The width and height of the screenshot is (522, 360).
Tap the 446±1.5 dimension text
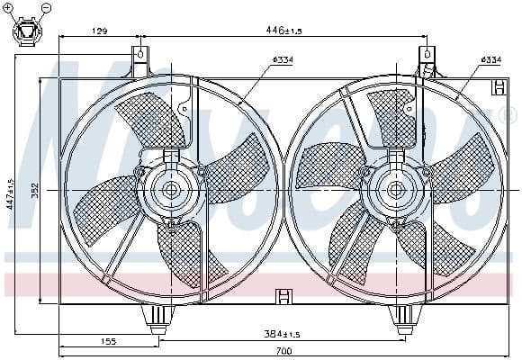[284, 31]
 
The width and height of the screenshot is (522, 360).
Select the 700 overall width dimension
[284, 350]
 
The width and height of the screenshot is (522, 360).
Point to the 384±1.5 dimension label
[280, 334]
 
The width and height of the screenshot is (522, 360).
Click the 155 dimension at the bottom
[109, 342]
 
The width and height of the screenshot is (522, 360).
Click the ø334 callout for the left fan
[283, 61]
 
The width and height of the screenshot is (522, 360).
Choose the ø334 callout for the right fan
[490, 60]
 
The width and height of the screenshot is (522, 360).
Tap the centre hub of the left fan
[169, 190]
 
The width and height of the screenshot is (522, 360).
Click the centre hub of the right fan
[396, 190]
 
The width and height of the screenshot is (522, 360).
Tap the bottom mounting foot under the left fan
[158, 316]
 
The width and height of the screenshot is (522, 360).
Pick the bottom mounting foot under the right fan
[401, 317]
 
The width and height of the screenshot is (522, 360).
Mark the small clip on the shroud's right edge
[498, 86]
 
